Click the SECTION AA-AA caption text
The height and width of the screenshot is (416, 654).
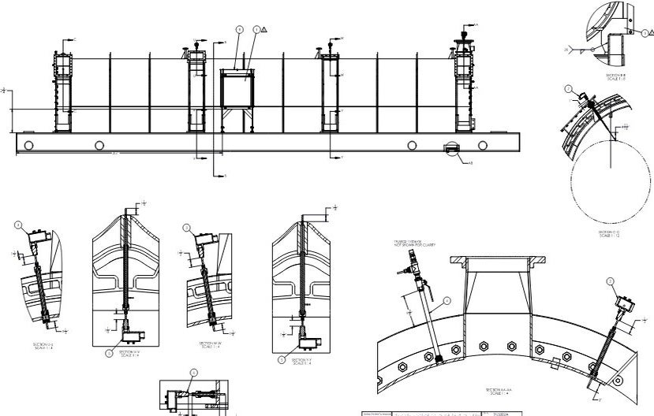[x=501, y=390]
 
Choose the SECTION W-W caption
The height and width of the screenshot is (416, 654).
[x=207, y=345]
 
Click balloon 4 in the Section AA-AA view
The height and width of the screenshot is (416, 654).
[x=447, y=300]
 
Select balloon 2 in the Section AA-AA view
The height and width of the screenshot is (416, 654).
[x=610, y=281]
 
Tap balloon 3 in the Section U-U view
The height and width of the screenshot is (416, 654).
[x=17, y=226]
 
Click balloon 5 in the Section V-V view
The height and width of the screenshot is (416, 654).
[x=110, y=354]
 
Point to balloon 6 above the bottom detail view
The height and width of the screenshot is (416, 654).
[x=193, y=373]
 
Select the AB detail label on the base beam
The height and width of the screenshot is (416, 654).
[x=470, y=163]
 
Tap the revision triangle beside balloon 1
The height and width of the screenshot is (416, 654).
[x=264, y=30]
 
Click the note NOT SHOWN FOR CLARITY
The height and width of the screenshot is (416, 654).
[x=414, y=245]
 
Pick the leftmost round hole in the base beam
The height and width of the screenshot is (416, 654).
[x=29, y=145]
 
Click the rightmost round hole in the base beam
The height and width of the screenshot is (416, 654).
[x=482, y=145]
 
